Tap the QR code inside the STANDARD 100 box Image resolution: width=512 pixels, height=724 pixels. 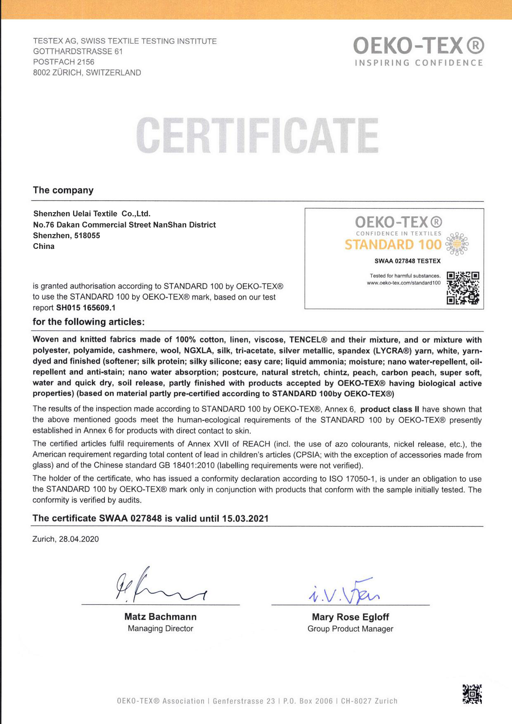point(463,288)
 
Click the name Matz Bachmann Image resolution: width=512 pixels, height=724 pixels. point(160,617)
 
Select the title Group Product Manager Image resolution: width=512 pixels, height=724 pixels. point(350,629)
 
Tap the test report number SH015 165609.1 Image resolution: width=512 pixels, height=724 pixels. point(85,308)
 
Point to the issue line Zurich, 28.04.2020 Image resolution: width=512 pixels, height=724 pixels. point(66,539)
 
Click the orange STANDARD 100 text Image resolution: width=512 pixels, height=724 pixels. point(393,245)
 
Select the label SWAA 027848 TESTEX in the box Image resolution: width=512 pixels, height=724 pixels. point(407,261)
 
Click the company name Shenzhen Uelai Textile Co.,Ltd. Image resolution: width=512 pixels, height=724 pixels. point(92,214)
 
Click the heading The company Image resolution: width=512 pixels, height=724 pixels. point(63,190)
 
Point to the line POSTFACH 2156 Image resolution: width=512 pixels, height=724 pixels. point(64,62)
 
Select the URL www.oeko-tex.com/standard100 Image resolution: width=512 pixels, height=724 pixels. point(404,283)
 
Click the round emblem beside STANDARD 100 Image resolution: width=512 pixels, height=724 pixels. point(458,244)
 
